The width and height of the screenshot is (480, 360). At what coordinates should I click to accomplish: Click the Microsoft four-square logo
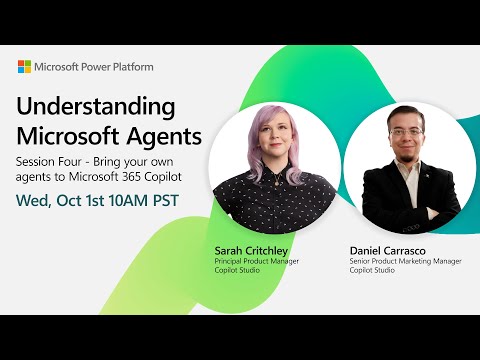coord(24,67)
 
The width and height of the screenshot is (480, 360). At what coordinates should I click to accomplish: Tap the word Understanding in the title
coord(96,107)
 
